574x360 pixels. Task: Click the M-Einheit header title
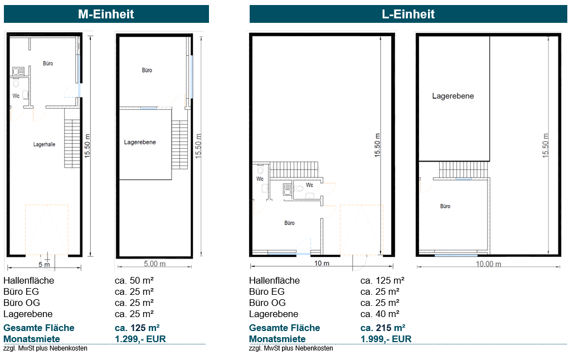click(106, 14)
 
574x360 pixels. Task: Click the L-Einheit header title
click(408, 14)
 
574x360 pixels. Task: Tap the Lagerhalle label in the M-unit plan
click(44, 144)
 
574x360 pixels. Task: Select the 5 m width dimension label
click(44, 264)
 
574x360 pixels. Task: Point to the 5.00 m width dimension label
click(154, 264)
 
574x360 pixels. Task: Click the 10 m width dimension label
click(322, 264)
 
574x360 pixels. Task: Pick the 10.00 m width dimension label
click(488, 264)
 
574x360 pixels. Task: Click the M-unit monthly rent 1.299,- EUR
click(140, 339)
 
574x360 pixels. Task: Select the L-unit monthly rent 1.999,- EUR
click(386, 339)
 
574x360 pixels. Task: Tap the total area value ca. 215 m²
click(382, 328)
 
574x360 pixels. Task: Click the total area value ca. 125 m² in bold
click(137, 328)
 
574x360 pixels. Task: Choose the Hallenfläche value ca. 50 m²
click(134, 280)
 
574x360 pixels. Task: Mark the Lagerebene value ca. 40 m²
click(380, 314)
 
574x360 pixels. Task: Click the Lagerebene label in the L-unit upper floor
click(453, 96)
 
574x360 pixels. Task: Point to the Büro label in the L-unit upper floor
click(445, 206)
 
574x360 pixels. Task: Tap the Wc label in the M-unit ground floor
click(16, 96)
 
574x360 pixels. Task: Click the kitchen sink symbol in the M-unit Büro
click(18, 71)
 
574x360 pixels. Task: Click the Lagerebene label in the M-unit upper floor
click(140, 142)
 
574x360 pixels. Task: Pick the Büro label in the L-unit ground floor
click(289, 223)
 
